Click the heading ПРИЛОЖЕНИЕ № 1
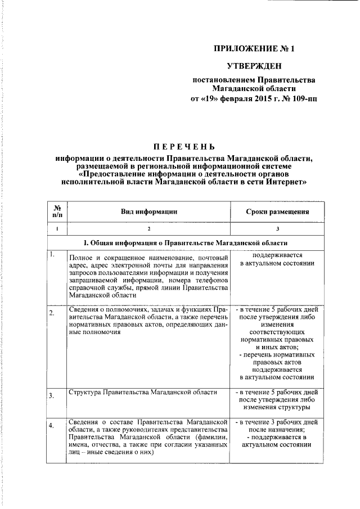pos(254,48)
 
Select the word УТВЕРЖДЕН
pos(254,66)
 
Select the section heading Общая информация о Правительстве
pos(185,243)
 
